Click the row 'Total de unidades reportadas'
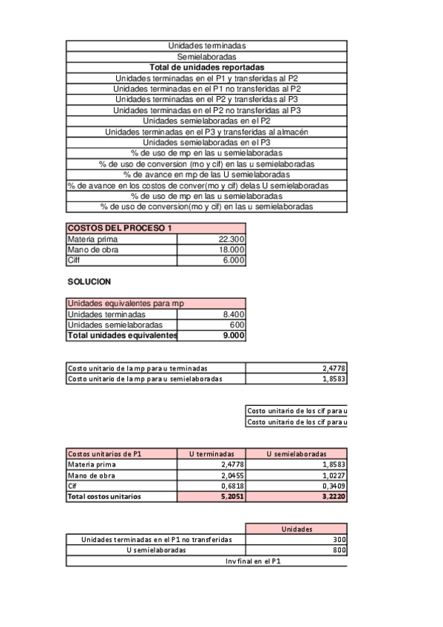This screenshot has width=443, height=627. point(206,67)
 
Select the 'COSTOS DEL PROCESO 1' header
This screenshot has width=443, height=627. point(119,228)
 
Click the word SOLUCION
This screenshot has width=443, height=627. point(89,282)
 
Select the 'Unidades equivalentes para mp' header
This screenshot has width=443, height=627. point(126,303)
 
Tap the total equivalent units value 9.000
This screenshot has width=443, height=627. point(234,336)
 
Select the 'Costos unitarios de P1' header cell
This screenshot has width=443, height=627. point(121,454)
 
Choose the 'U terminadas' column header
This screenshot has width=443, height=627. point(212,454)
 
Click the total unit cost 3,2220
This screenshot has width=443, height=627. point(333,497)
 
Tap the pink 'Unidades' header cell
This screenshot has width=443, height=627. point(296,529)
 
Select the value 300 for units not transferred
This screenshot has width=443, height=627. point(339,540)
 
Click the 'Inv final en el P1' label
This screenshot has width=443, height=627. point(253,561)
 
